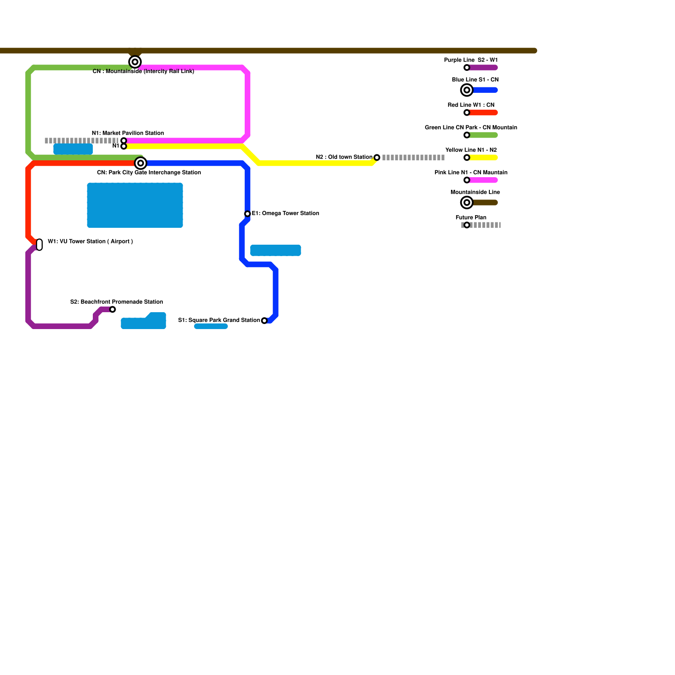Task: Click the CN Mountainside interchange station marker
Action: [x=135, y=62]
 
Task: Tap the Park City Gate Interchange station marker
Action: [x=140, y=163]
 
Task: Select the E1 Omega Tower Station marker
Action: [x=248, y=214]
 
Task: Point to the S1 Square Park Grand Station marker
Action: [x=264, y=321]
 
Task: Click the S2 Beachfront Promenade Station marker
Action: [x=113, y=310]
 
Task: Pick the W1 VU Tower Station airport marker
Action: [x=39, y=245]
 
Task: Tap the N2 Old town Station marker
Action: [x=377, y=158]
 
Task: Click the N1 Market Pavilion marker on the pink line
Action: [x=124, y=140]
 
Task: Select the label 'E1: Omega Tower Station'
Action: [x=285, y=213]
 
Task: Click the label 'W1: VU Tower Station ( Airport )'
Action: [x=90, y=242]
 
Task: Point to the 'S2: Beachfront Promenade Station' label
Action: [x=116, y=302]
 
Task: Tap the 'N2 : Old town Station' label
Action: [x=344, y=157]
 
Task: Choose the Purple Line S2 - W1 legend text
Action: [x=471, y=60]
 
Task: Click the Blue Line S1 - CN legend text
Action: [x=475, y=80]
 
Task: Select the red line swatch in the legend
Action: [x=483, y=113]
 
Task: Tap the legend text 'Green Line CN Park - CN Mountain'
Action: [x=471, y=128]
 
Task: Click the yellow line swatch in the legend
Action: [x=483, y=158]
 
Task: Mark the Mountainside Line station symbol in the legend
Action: [x=467, y=203]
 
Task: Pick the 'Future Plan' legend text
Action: [x=471, y=218]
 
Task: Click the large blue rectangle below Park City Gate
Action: [x=135, y=205]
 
